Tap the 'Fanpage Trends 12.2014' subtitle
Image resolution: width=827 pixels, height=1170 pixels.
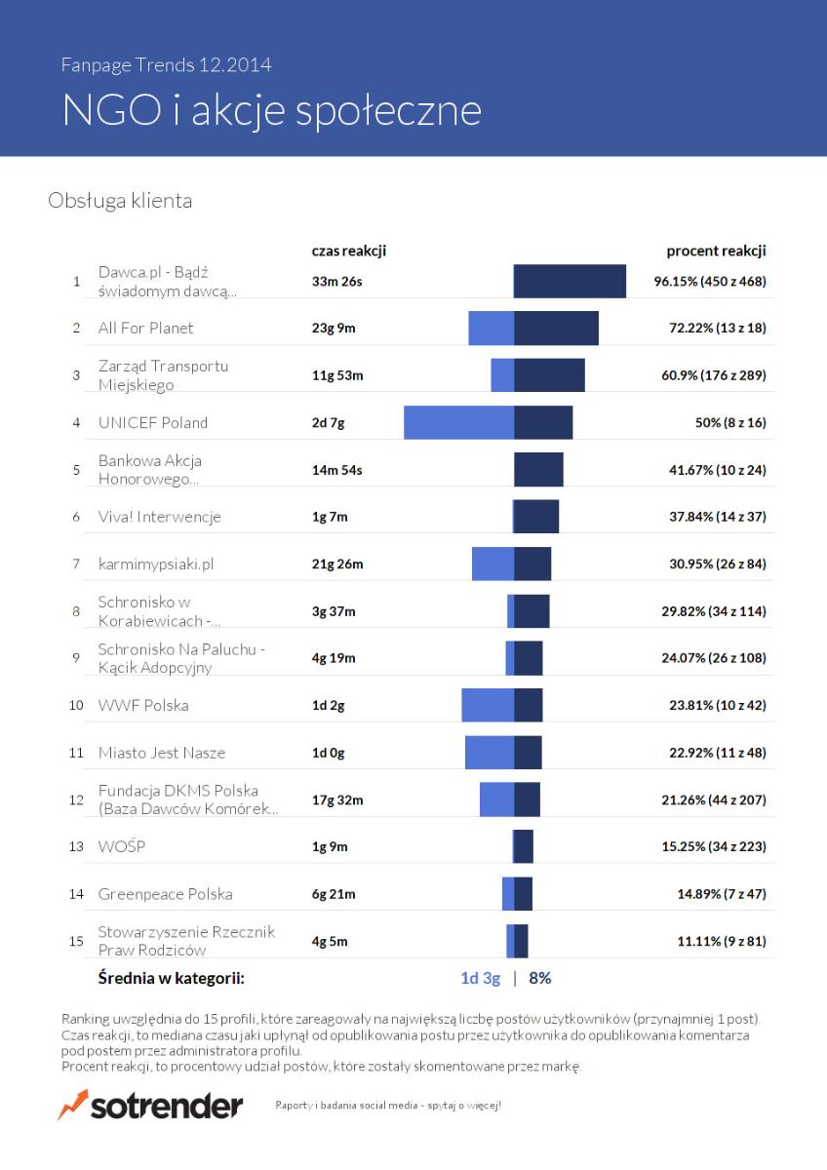click(166, 65)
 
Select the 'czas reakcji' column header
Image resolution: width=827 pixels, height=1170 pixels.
click(349, 252)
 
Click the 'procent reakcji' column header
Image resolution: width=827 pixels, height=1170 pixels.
click(716, 252)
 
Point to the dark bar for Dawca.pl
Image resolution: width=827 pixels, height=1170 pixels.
click(570, 281)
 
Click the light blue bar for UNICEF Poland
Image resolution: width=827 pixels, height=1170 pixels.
click(458, 422)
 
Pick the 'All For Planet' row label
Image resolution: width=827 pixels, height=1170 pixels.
click(145, 328)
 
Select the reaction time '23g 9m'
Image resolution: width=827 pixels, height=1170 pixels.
click(334, 328)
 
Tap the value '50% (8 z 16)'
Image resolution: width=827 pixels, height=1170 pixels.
click(730, 422)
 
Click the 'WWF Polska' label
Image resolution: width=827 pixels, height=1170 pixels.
click(143, 705)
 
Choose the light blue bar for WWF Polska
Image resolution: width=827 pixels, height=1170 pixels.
click(488, 705)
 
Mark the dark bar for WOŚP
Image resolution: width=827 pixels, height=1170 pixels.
click(523, 846)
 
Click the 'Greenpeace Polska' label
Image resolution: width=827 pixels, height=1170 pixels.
click(165, 894)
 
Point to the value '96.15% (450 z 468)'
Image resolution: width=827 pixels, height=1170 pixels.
click(710, 282)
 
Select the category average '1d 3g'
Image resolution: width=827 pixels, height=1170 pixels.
click(481, 978)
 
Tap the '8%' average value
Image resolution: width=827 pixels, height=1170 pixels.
click(540, 978)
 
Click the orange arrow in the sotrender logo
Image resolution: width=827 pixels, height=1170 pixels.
click(73, 1104)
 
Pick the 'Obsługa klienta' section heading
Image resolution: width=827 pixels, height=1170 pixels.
click(120, 201)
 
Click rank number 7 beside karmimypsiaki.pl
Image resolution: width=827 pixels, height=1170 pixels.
click(76, 565)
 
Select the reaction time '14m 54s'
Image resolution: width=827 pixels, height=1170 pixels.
click(337, 470)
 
